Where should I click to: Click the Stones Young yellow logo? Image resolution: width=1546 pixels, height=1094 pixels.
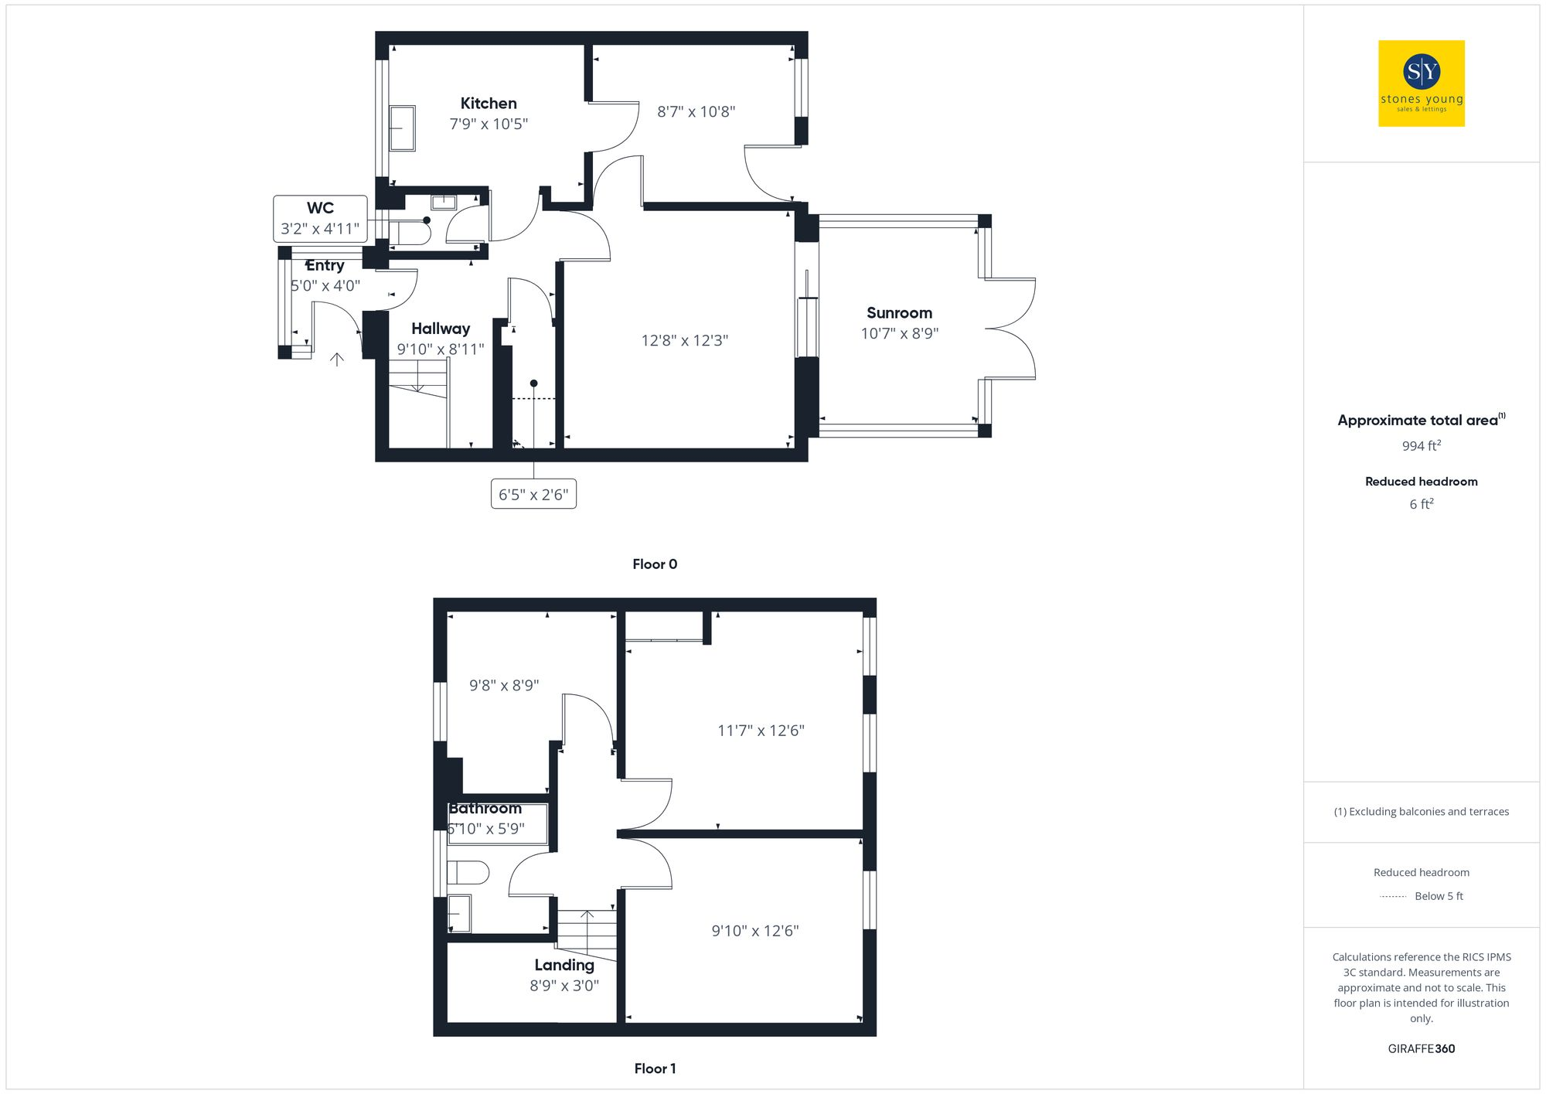pos(1421,83)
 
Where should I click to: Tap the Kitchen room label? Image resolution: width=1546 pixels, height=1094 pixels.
pos(489,104)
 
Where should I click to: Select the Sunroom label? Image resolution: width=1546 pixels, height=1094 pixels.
pos(899,313)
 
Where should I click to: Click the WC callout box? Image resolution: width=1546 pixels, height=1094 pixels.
pos(320,219)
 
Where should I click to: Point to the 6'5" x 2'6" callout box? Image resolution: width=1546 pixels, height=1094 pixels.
pos(533,495)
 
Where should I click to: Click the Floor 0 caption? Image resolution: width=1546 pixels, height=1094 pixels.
pos(655,564)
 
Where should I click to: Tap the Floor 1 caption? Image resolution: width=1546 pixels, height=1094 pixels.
pos(655,1068)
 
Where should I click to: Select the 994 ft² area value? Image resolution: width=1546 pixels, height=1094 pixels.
pos(1421,446)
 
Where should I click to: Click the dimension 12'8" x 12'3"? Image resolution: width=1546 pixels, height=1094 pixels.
pos(685,341)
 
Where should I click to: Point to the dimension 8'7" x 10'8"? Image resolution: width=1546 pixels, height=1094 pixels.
pos(696,112)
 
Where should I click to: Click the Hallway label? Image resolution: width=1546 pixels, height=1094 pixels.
pos(441,329)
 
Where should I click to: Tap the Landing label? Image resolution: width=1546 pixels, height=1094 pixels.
pos(564,965)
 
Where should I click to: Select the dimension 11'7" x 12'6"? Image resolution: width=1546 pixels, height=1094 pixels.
pos(761,731)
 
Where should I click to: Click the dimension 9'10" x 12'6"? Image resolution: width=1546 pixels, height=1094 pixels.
pos(755,931)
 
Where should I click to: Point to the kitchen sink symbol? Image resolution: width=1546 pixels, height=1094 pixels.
pos(402,128)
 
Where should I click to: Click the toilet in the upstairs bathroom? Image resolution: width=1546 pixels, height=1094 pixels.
pos(467,873)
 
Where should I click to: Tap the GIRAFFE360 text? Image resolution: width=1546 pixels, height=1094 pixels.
pos(1421,1049)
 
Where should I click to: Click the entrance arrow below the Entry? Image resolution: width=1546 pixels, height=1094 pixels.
pos(337,359)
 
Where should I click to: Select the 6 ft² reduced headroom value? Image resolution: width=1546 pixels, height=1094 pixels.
pos(1421,504)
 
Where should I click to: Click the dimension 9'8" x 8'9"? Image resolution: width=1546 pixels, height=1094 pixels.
pos(504,686)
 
